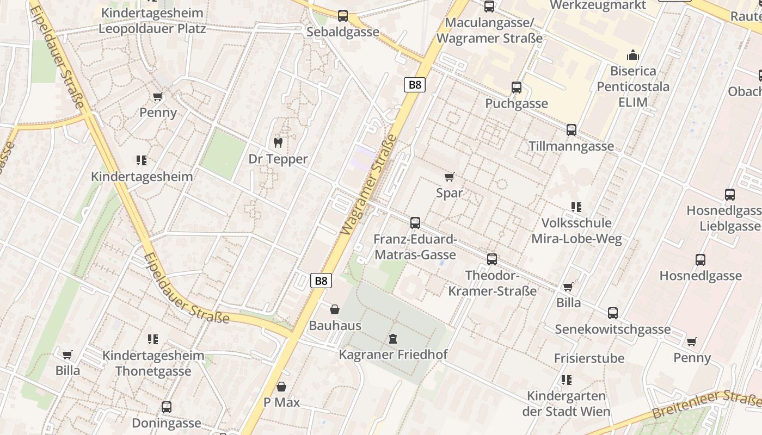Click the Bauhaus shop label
click(335, 326)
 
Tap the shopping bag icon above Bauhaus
click(335, 309)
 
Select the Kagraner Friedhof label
click(393, 355)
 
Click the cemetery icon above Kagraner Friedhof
click(392, 339)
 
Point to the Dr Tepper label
click(278, 159)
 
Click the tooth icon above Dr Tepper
click(278, 143)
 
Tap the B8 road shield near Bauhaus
click(321, 281)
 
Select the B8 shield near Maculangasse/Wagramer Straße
click(415, 85)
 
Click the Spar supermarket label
click(450, 193)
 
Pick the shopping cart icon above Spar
click(450, 177)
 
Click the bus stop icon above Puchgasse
click(516, 87)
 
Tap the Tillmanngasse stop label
click(571, 146)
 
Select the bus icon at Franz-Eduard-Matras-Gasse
click(415, 223)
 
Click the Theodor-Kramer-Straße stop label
click(493, 283)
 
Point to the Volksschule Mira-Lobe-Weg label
click(576, 231)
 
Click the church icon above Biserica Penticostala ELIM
click(633, 55)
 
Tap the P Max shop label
click(281, 403)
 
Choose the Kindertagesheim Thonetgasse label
click(153, 364)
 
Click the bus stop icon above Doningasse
click(167, 407)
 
